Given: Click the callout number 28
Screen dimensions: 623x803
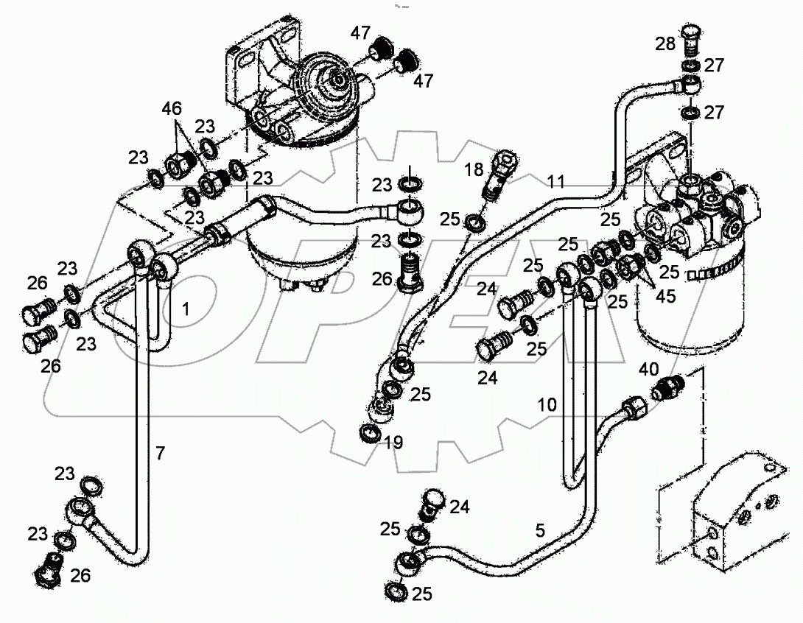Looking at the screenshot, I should pyautogui.click(x=665, y=43).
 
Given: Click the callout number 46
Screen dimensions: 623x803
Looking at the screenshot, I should pyautogui.click(x=172, y=110).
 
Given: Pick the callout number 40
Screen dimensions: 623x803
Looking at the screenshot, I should pyautogui.click(x=648, y=370).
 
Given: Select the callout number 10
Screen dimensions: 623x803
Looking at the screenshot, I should pyautogui.click(x=547, y=405).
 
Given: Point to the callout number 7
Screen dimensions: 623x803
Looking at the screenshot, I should pyautogui.click(x=160, y=454).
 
